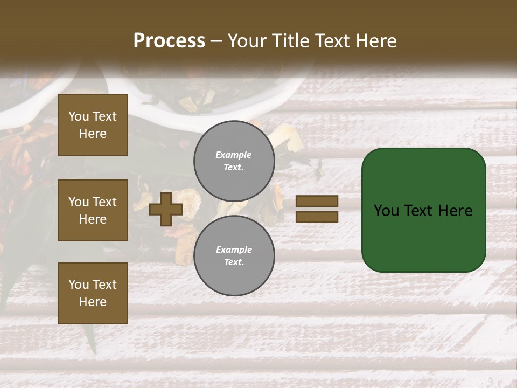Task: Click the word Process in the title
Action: pos(169,41)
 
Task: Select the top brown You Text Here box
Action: pos(93,125)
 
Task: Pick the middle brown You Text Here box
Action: pos(93,210)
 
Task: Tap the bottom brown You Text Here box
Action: pos(93,293)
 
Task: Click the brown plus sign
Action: pos(166,209)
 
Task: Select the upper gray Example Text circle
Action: pos(234,161)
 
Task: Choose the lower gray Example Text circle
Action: pos(234,255)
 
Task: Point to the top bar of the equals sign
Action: pos(317,201)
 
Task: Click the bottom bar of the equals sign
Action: pos(317,217)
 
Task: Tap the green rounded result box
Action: pos(423,237)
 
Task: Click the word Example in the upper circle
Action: pos(234,155)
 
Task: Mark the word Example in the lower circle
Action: pos(234,250)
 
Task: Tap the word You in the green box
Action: pos(386,211)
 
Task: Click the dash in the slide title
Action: pos(216,41)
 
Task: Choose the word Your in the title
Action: pos(246,41)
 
